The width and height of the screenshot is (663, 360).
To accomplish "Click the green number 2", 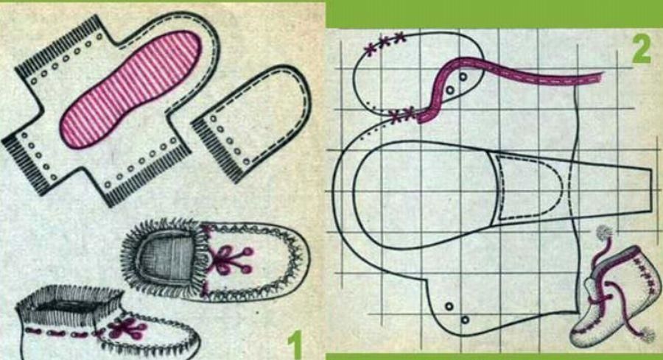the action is point(642,49).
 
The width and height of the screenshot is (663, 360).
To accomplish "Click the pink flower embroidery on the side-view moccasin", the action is point(127,328).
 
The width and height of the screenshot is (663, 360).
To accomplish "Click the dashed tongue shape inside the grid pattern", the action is point(528,187).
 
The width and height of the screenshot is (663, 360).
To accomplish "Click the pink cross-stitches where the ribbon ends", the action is point(401,114).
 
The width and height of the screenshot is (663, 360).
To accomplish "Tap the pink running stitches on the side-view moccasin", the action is point(63,333).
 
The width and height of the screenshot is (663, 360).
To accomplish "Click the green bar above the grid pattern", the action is point(494,14).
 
